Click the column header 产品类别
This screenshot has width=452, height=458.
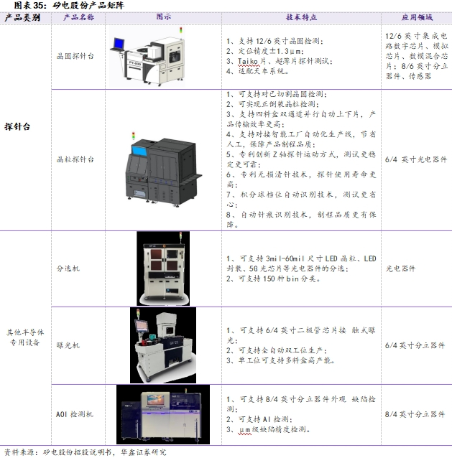click(x=22, y=18)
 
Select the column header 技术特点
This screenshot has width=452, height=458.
click(x=301, y=17)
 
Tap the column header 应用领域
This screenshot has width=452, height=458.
click(x=417, y=17)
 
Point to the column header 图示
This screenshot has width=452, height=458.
click(x=163, y=17)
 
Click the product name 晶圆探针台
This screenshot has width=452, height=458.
click(x=75, y=56)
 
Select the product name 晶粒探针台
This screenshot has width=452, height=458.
click(x=75, y=159)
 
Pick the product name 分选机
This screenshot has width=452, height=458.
click(x=68, y=268)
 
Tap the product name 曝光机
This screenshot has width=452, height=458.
click(x=68, y=345)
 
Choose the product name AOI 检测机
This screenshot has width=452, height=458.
click(x=75, y=414)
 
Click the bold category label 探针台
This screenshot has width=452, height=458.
click(x=17, y=127)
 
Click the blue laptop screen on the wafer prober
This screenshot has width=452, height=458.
click(x=119, y=44)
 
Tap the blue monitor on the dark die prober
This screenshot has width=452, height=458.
click(x=139, y=151)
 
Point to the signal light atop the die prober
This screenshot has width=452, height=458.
click(x=134, y=136)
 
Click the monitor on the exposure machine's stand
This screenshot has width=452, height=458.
click(x=141, y=326)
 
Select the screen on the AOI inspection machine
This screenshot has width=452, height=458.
click(x=155, y=400)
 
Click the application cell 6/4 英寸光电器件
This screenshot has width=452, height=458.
click(x=416, y=159)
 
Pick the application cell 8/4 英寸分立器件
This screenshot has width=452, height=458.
click(x=415, y=414)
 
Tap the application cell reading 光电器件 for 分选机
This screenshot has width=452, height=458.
click(x=400, y=268)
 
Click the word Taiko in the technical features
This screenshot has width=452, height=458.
click(x=248, y=61)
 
